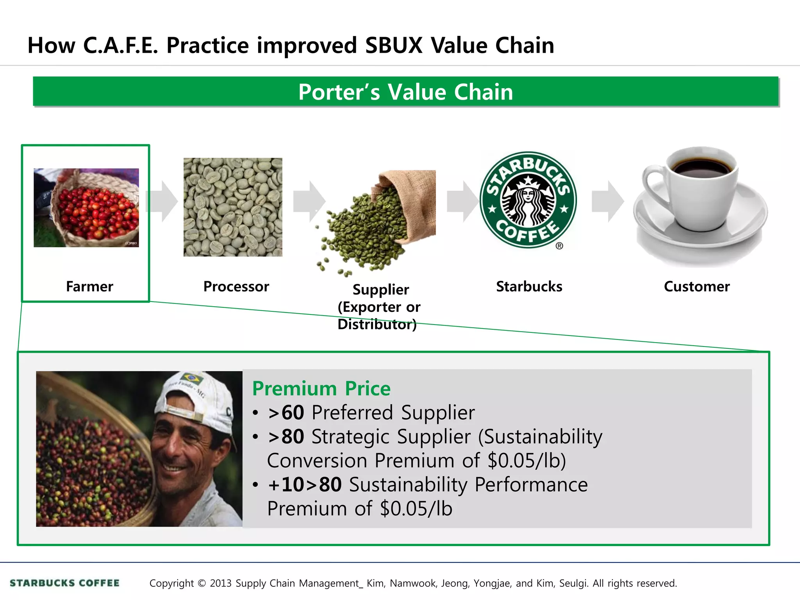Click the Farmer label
point(89,287)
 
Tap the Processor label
point(236,287)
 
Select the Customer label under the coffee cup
point(696,287)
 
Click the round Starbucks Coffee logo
point(528,200)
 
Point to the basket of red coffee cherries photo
point(86,208)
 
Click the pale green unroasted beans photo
point(233,207)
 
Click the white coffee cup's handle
point(652,184)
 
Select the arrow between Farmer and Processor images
point(162,202)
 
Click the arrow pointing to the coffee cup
point(608,202)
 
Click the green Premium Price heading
point(321,389)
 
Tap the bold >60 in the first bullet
point(286,413)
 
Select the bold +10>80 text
point(305,485)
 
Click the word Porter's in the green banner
point(339,92)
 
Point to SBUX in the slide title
point(394,45)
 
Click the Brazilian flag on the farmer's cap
point(191,378)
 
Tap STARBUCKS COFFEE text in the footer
point(64,583)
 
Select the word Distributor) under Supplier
point(377,324)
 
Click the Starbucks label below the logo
point(529,287)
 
